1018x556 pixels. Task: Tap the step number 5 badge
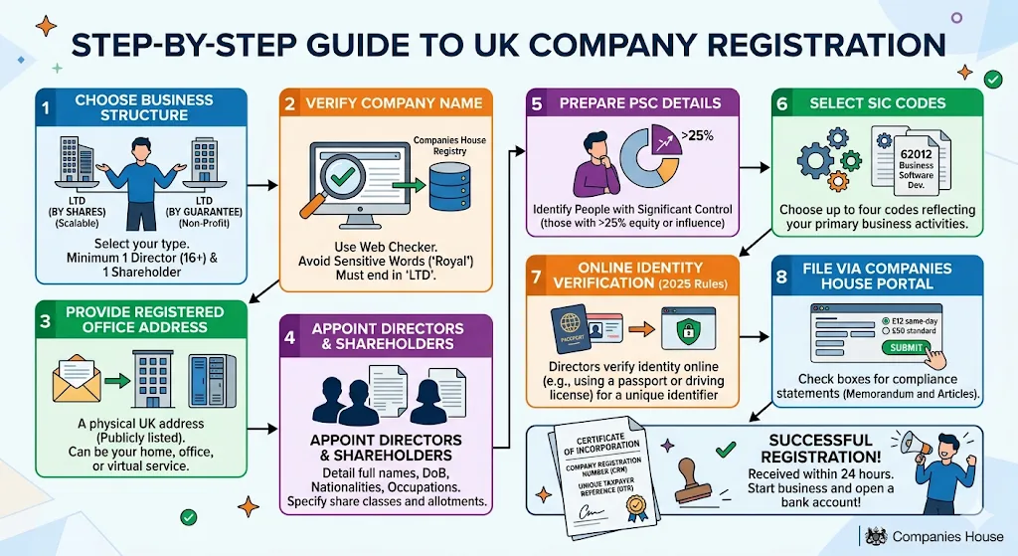(x=537, y=102)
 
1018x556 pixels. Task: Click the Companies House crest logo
(x=875, y=535)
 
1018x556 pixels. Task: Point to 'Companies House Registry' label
(x=449, y=147)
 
